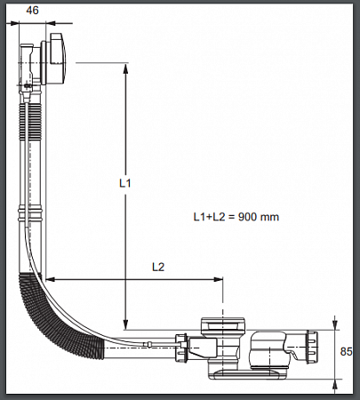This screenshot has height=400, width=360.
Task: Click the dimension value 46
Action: click(32, 11)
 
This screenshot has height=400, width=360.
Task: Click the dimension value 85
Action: click(346, 352)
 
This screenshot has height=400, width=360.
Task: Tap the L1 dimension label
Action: click(125, 183)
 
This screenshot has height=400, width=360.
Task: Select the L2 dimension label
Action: click(158, 268)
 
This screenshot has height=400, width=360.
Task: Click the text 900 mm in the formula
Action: click(259, 217)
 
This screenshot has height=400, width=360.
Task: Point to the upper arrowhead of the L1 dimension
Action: click(125, 68)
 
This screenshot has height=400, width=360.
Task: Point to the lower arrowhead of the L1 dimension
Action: click(125, 324)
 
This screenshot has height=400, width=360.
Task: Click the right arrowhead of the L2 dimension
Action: click(218, 279)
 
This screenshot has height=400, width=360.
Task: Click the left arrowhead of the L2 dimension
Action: click(52, 279)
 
